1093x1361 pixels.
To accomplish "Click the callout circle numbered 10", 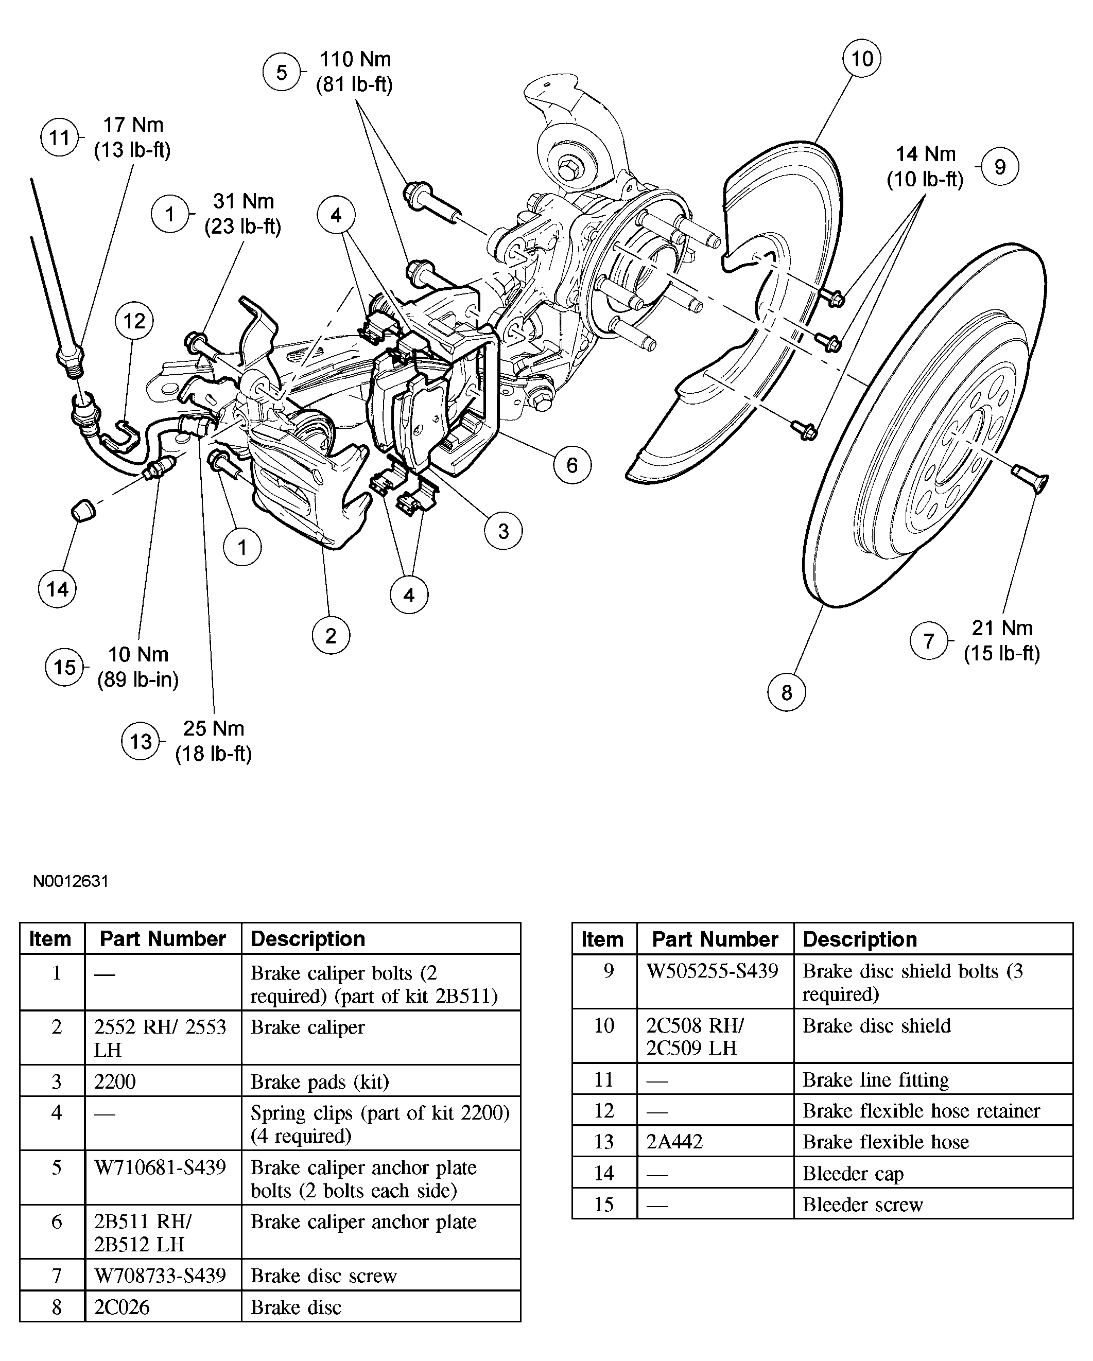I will point(861,59).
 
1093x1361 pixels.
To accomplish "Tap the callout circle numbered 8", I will point(786,692).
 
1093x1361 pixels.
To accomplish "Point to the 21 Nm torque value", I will point(1001,628).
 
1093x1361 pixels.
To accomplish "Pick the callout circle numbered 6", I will point(572,465).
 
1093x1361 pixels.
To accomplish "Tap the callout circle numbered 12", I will point(134,321).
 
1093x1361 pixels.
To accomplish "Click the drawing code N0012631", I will point(71,881).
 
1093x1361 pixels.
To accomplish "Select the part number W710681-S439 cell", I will point(161,1167).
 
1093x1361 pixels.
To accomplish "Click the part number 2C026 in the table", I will point(123,1307).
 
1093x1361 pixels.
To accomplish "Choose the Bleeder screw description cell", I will point(862,1205).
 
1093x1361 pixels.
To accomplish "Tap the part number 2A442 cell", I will point(674,1142).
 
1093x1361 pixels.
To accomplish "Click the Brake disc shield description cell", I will point(876,1026).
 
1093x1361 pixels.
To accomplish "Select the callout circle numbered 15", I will point(64,667).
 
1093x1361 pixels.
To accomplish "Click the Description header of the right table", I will point(860,939).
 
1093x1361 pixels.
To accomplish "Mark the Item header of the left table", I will point(50,939).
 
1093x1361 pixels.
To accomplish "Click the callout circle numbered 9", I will point(999,167).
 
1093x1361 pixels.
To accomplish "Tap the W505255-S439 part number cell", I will point(712,971).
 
